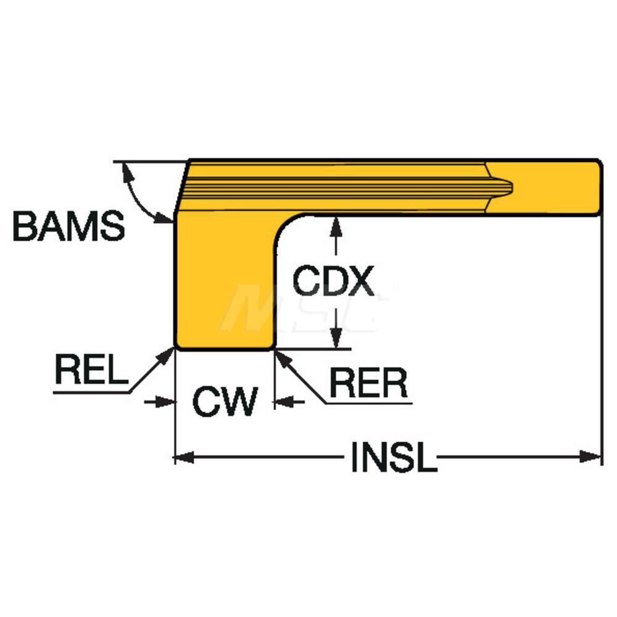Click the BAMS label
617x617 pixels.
(68, 227)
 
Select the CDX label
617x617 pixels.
(333, 281)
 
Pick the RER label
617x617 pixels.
(368, 384)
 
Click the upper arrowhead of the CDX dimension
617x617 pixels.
(335, 225)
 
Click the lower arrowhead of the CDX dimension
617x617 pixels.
(335, 339)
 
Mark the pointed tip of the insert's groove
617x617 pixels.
(511, 184)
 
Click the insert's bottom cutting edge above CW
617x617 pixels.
(224, 348)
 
